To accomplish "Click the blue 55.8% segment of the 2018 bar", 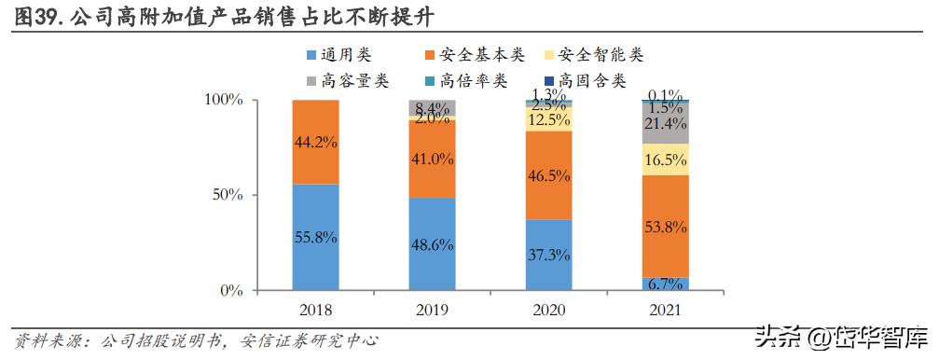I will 315,237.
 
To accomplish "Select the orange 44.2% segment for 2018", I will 315,142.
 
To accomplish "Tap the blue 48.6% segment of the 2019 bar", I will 432,244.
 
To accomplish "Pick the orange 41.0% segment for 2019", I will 432,159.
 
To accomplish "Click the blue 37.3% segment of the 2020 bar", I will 548,255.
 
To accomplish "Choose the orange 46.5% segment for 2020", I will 548,175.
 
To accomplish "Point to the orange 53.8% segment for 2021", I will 665,226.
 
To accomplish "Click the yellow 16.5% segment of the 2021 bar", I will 665,159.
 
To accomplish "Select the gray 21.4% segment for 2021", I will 665,123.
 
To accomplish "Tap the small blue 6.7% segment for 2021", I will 665,284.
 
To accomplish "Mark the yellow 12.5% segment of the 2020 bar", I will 548,119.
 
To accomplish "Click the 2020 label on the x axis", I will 548,309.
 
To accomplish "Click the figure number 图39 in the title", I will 35,16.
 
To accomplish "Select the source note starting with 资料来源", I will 196,340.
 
